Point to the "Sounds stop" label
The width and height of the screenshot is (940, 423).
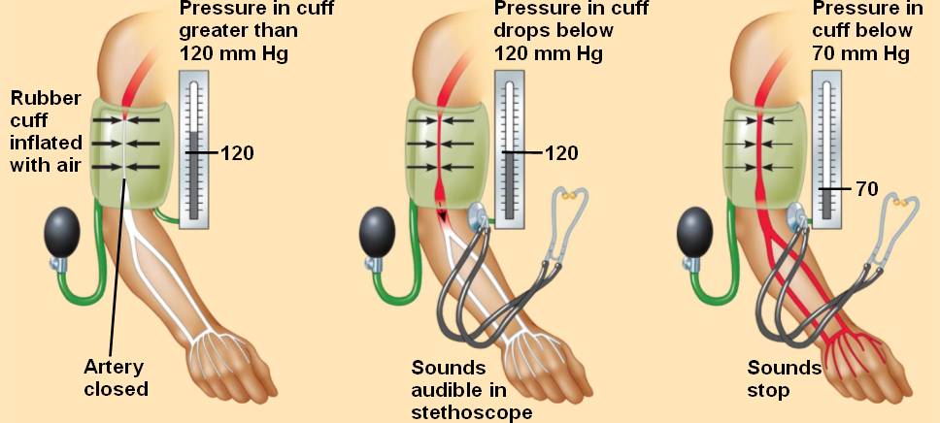click(784, 378)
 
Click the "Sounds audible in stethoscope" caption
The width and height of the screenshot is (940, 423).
click(472, 390)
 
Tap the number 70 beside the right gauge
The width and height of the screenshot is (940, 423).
click(866, 189)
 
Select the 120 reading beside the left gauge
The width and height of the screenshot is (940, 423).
click(237, 152)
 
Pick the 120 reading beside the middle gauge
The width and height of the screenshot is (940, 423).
click(560, 152)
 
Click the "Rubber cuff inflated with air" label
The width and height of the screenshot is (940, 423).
click(46, 131)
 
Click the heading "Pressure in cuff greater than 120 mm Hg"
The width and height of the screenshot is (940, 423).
click(239, 31)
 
